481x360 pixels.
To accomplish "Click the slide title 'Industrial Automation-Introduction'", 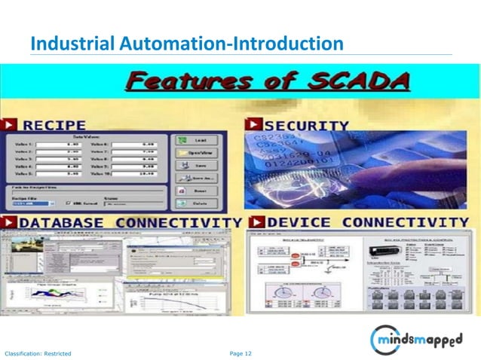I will (x=186, y=44).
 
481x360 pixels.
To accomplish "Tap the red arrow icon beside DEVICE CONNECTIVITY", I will (x=256, y=223).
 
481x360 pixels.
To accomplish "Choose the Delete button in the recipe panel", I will (x=195, y=203).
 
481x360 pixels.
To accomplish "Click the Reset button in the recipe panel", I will (x=195, y=191).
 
